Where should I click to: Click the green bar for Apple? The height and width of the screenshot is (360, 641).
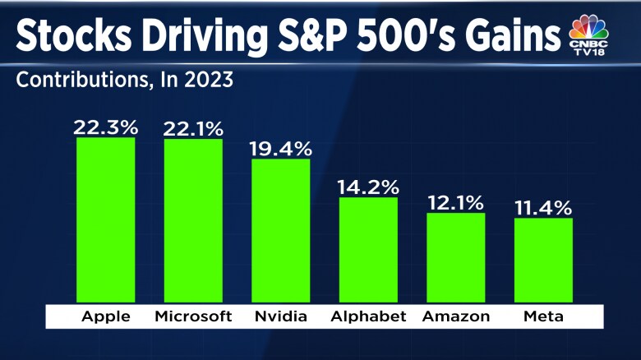tap(106, 220)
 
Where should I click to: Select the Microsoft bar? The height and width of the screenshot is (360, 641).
tap(193, 221)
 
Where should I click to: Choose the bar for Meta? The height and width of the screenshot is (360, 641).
tap(543, 261)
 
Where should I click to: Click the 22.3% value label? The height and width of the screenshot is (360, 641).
tap(106, 127)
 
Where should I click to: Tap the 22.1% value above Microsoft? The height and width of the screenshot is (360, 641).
tap(193, 127)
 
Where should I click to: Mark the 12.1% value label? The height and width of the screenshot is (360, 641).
tap(455, 201)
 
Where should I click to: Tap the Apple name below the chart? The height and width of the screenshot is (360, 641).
tap(106, 316)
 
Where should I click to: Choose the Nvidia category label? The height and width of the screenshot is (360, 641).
tap(280, 316)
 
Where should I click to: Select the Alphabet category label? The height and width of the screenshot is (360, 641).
tap(368, 316)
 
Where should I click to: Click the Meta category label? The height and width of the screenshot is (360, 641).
tap(543, 316)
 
